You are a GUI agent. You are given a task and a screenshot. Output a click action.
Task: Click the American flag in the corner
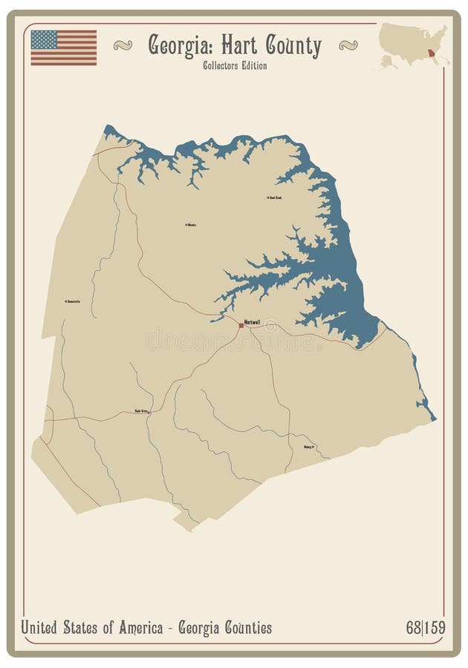coord(63,48)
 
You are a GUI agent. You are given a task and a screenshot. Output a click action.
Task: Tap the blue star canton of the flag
coord(44,39)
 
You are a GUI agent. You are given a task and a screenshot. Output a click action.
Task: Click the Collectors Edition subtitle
coord(234,65)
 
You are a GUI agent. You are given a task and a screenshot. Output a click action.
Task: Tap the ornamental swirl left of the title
coord(123,45)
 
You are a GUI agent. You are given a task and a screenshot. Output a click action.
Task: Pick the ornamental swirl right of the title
coord(348,45)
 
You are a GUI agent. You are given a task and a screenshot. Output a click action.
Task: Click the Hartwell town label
coord(253,321)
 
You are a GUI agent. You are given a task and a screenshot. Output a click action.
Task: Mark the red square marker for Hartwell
coord(241,325)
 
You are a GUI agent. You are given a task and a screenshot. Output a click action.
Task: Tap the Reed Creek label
coord(275,197)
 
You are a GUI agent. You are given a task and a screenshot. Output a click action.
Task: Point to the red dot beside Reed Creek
coord(267,197)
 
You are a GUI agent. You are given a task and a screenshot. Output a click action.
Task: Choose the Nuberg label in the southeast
coord(308,447)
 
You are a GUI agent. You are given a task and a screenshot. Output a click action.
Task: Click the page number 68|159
coord(426,628)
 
